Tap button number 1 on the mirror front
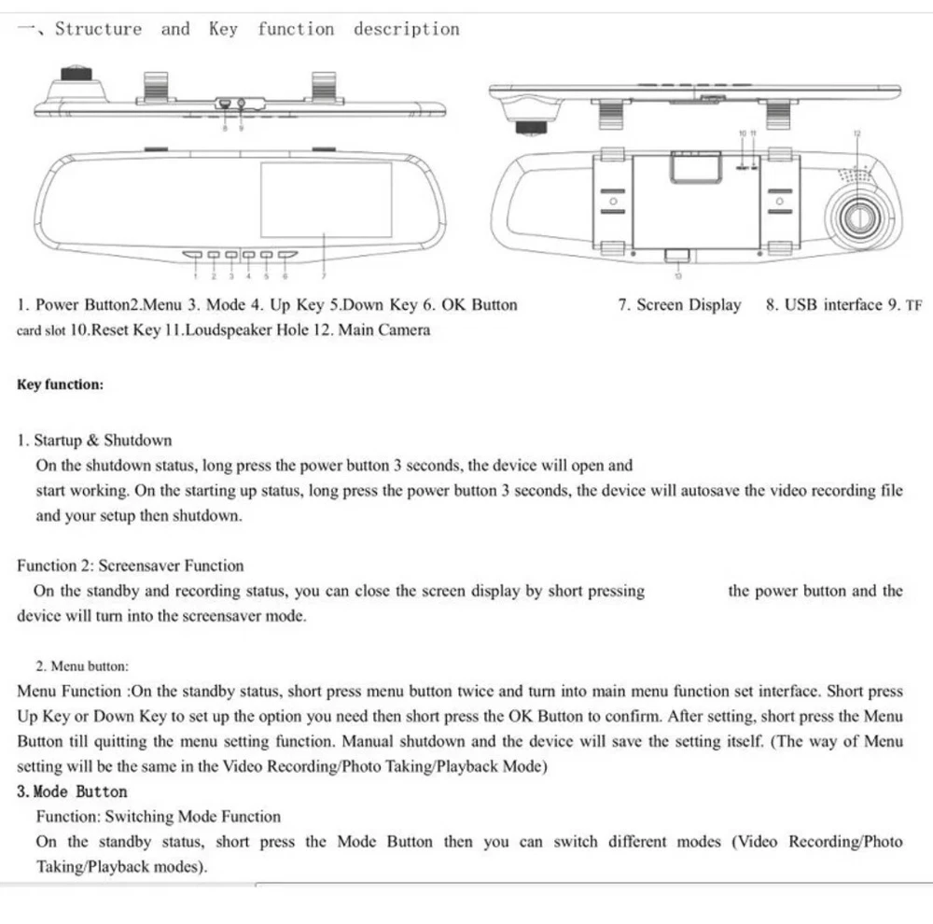(x=193, y=254)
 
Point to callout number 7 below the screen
(x=324, y=276)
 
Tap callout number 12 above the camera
(x=856, y=134)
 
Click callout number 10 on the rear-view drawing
(x=743, y=134)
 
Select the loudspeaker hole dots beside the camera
(x=851, y=174)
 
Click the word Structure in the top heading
(x=98, y=29)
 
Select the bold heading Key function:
(x=60, y=385)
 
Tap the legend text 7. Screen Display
(x=679, y=304)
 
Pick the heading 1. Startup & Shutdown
(x=94, y=441)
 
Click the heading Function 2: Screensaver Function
(x=130, y=566)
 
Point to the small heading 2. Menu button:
(x=82, y=666)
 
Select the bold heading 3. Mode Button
(x=72, y=791)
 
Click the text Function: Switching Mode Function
(x=158, y=817)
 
